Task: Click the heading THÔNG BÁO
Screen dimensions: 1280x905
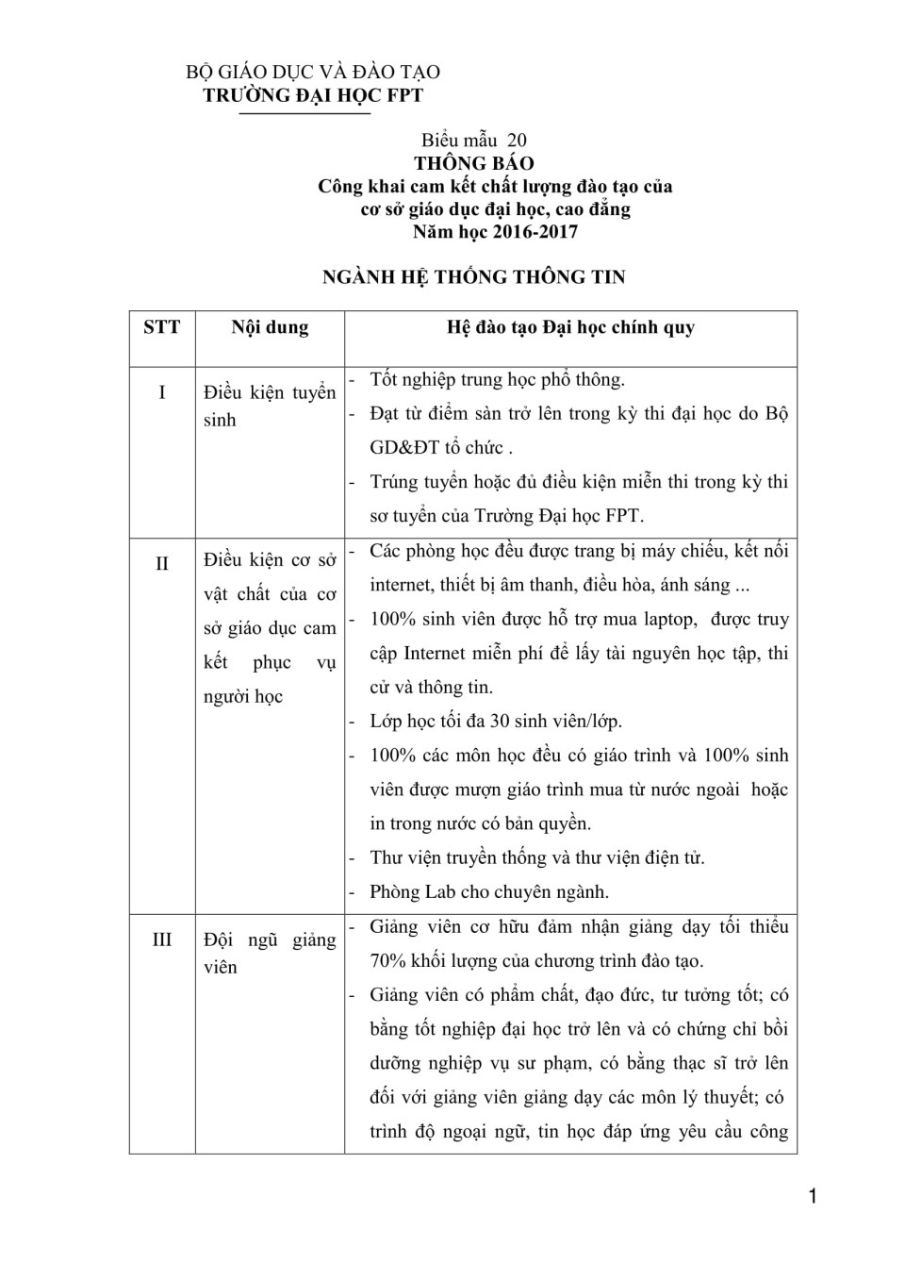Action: [473, 163]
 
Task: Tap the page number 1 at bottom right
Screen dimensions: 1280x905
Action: [813, 1198]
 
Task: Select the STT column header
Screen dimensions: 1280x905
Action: [161, 327]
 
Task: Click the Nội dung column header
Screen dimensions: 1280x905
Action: [270, 327]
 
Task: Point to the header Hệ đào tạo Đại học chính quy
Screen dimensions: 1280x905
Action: [570, 327]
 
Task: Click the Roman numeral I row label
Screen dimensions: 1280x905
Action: [161, 391]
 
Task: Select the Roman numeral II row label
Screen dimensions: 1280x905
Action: [161, 563]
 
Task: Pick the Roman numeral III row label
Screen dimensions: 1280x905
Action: [161, 939]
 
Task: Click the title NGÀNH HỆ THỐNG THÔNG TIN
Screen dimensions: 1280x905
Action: [473, 276]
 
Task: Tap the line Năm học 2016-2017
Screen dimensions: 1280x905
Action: [495, 231]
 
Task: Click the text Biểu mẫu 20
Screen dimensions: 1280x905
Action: [474, 141]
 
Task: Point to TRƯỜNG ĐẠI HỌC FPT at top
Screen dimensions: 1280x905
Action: [313, 95]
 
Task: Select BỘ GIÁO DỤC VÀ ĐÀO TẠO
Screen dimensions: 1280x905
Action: [313, 73]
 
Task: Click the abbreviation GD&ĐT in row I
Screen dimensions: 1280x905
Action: [404, 448]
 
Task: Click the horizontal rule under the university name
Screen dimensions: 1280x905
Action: [304, 113]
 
